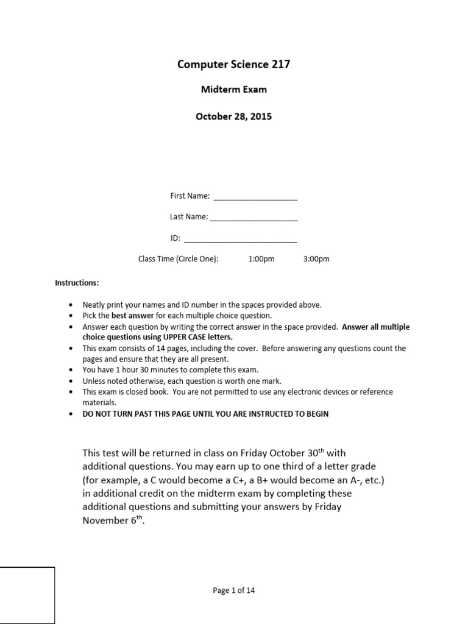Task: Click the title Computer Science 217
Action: click(x=233, y=64)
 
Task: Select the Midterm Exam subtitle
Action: click(x=234, y=90)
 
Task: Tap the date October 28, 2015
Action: click(x=233, y=116)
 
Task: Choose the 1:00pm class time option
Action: click(x=261, y=259)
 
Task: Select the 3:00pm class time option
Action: click(x=316, y=259)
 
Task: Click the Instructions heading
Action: click(x=77, y=283)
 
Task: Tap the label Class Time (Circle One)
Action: click(x=178, y=259)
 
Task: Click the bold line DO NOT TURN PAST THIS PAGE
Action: click(x=205, y=414)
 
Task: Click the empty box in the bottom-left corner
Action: click(x=27, y=595)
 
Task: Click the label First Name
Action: click(x=190, y=196)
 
